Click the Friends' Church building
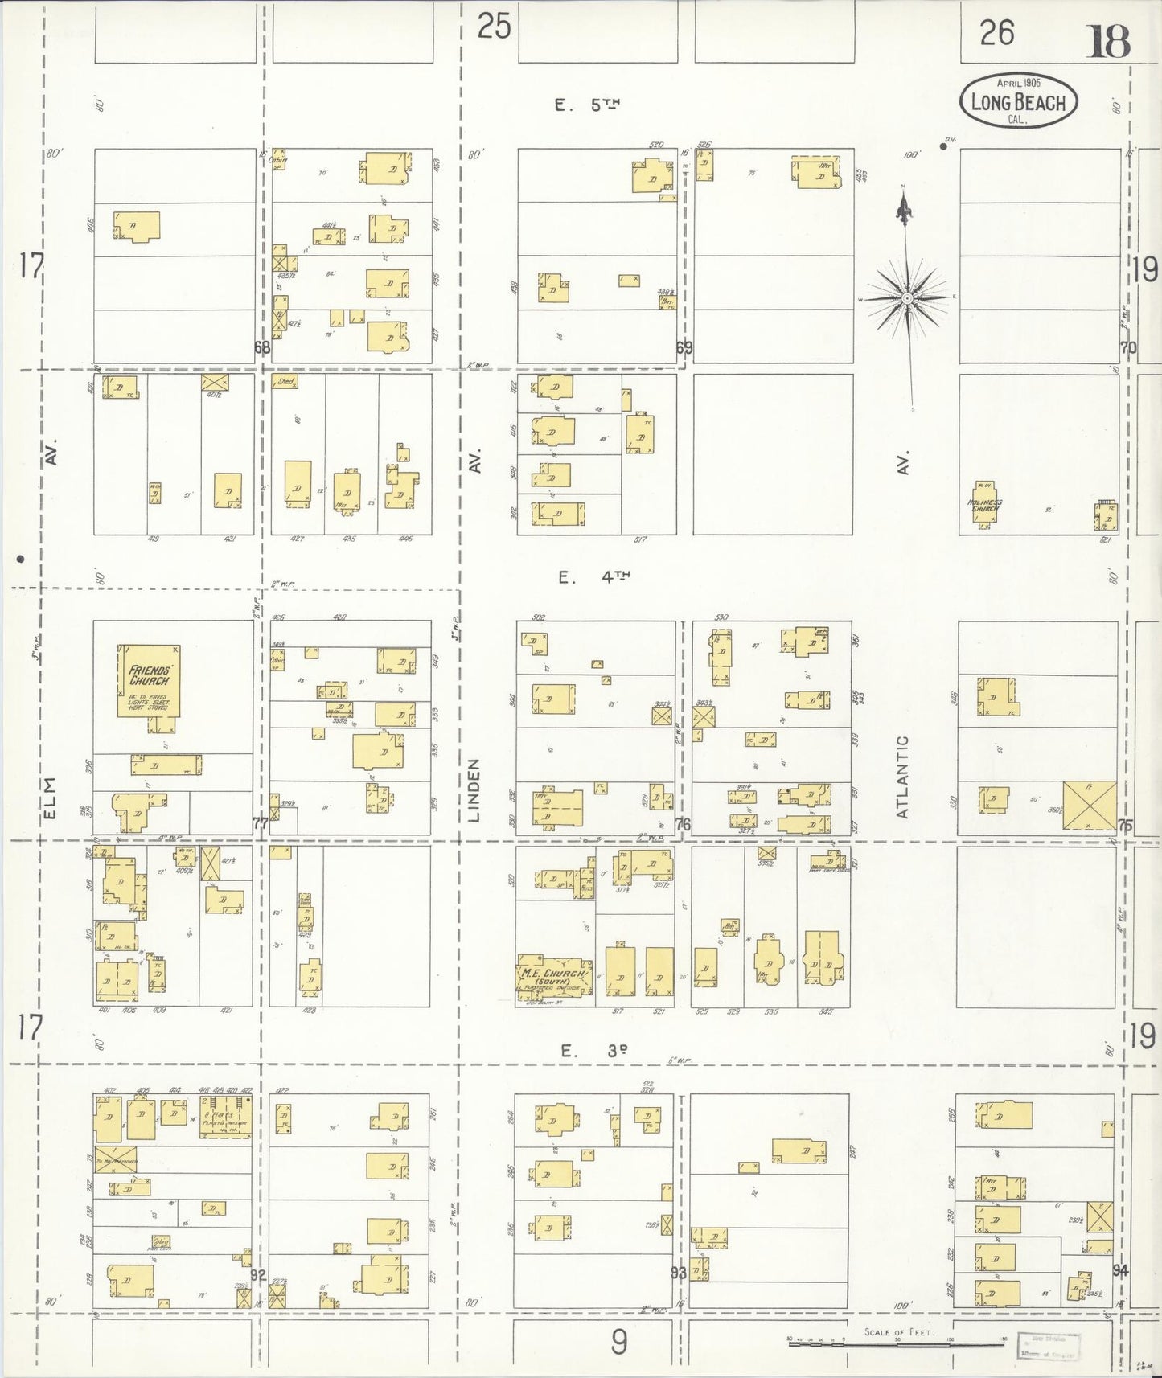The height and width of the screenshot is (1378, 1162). pyautogui.click(x=150, y=680)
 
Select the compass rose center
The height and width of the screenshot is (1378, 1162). pyautogui.click(x=906, y=298)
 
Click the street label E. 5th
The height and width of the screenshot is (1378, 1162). pyautogui.click(x=589, y=104)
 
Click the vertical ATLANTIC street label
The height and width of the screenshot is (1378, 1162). pyautogui.click(x=902, y=777)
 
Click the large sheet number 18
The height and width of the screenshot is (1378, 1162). pyautogui.click(x=1109, y=42)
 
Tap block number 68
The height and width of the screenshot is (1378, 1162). pyautogui.click(x=262, y=348)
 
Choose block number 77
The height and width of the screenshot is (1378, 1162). pyautogui.click(x=261, y=824)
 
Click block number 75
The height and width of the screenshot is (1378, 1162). pyautogui.click(x=1125, y=824)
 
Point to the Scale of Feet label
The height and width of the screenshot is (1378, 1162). pyautogui.click(x=898, y=1332)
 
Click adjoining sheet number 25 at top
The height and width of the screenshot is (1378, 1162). pyautogui.click(x=494, y=27)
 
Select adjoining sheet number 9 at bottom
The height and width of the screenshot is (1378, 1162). pyautogui.click(x=618, y=1342)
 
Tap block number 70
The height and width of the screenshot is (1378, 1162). pyautogui.click(x=1128, y=348)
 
